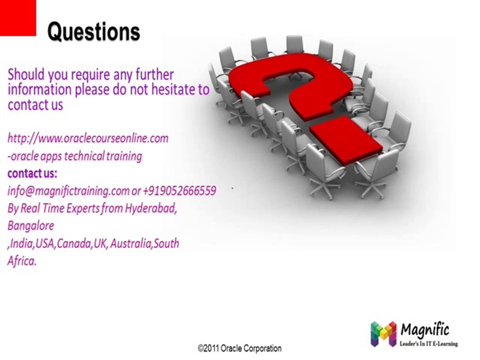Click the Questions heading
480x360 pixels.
tap(93, 32)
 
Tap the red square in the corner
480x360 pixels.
tap(18, 18)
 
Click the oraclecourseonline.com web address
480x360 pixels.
tap(88, 137)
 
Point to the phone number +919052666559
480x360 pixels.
tap(179, 190)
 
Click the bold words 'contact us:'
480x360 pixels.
tap(32, 173)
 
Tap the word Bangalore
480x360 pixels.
tap(31, 225)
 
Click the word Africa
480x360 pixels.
tap(21, 260)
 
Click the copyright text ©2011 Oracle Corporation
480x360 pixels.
tap(239, 348)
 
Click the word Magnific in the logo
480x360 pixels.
tap(425, 329)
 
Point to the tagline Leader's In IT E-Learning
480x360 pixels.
tap(429, 343)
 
